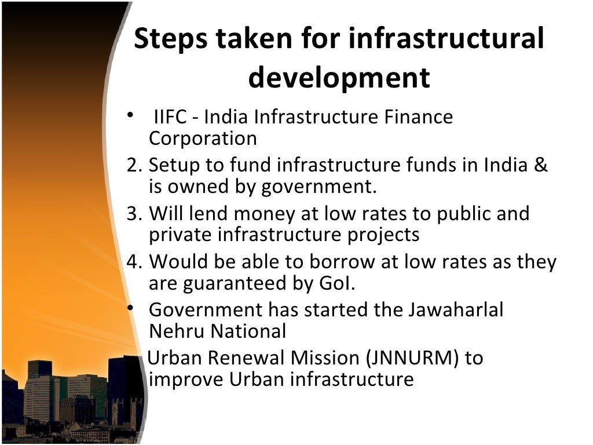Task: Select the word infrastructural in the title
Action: (447, 40)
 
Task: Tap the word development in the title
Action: (339, 78)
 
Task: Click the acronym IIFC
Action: (169, 118)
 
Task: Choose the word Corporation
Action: (203, 139)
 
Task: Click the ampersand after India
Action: (541, 165)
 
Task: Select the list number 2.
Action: (133, 166)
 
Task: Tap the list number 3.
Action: (133, 214)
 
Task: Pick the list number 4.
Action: (133, 262)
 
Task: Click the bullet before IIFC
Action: (132, 115)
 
